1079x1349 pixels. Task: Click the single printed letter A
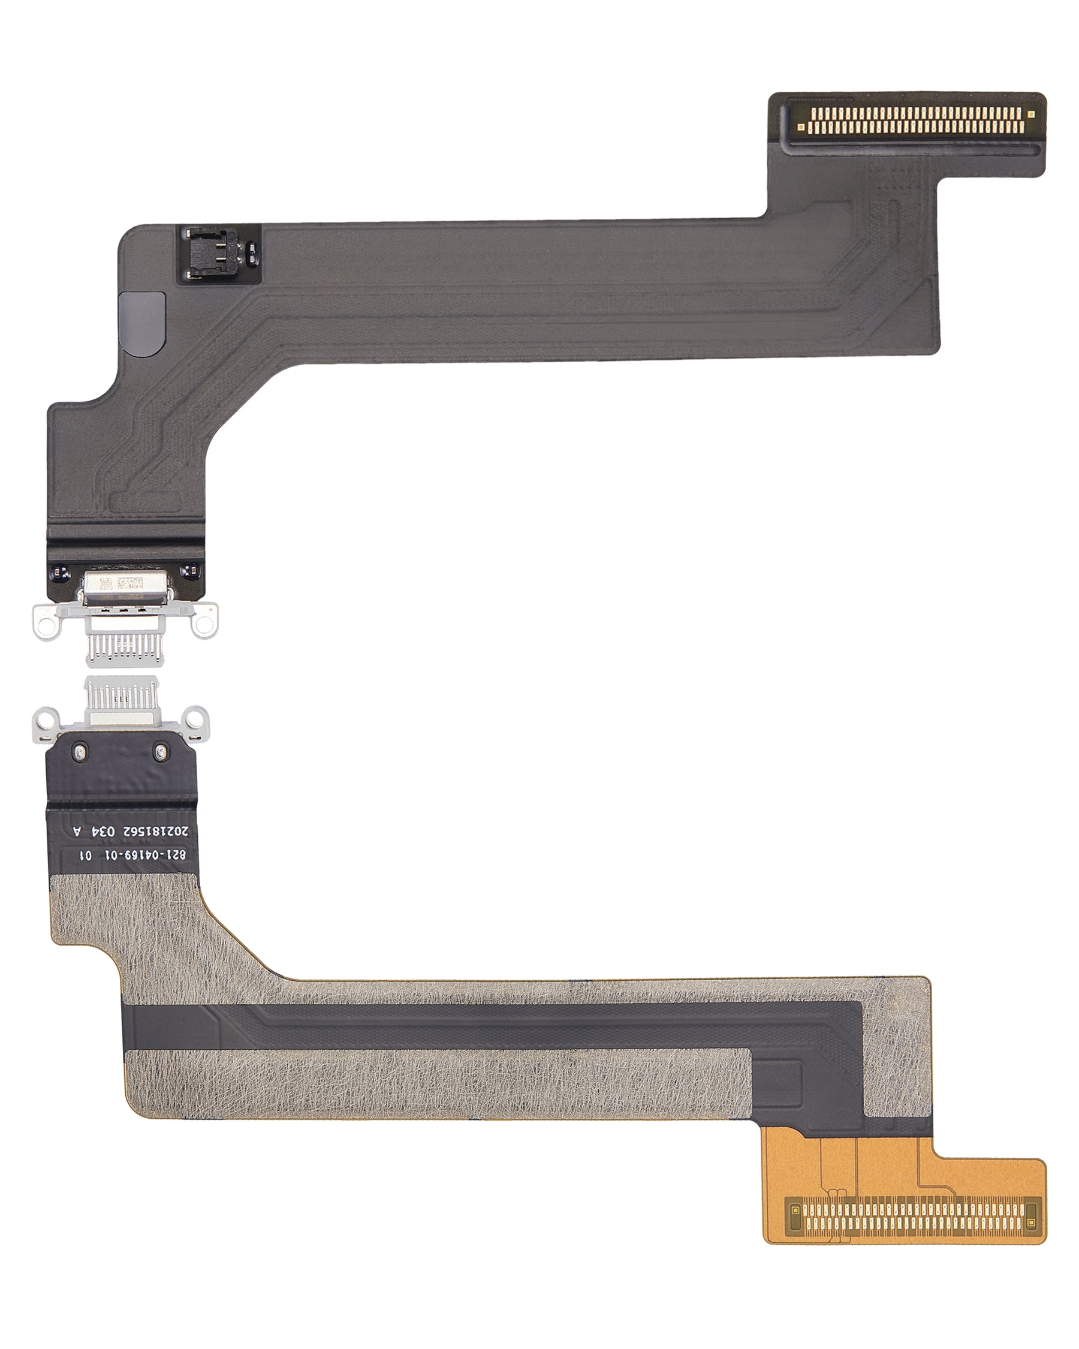click(x=77, y=832)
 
